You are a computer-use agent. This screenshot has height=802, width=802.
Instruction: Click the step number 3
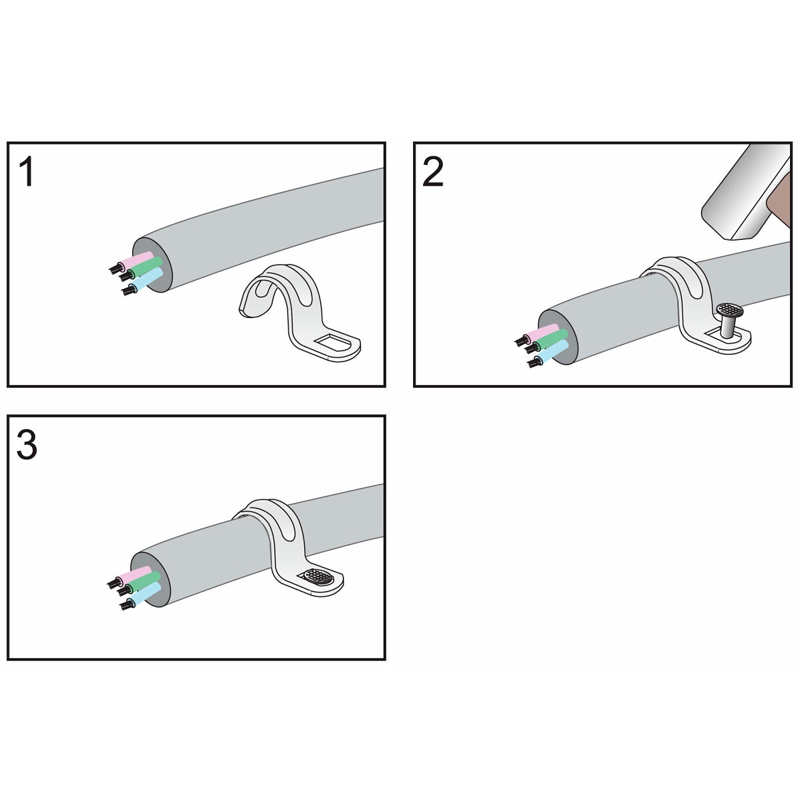[27, 444]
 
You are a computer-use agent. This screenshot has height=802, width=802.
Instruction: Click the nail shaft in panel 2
[728, 325]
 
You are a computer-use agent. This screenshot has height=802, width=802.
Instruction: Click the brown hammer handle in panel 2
[779, 200]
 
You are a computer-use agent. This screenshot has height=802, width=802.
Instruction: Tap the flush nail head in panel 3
[318, 575]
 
